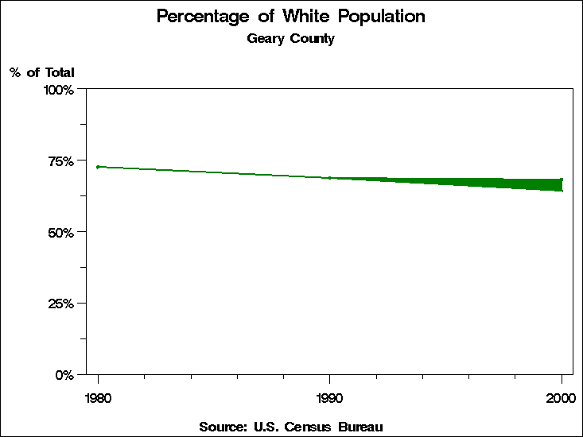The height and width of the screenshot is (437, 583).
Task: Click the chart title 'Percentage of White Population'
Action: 290,17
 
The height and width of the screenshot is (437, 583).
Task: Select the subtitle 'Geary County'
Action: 290,39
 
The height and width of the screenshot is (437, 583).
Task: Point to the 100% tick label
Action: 59,90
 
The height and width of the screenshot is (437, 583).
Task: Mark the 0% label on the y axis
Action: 64,374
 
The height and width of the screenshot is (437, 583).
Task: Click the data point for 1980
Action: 98,167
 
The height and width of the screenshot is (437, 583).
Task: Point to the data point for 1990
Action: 329,178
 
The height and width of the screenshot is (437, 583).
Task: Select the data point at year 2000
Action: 562,180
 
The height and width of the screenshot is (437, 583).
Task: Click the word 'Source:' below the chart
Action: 223,427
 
